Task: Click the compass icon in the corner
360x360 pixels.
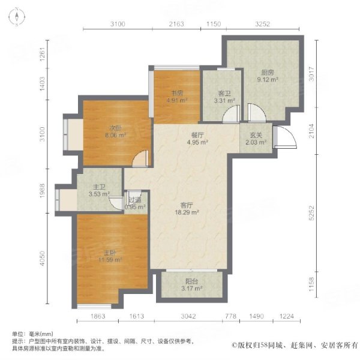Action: tap(17, 17)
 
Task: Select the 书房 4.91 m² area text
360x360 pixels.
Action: tap(177, 97)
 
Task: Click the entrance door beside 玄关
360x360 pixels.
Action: tap(285, 137)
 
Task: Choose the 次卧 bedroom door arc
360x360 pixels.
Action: tap(140, 158)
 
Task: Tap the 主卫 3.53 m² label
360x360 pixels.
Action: tap(99, 191)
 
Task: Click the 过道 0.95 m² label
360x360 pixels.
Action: tap(135, 203)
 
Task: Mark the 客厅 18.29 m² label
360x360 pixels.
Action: tap(187, 209)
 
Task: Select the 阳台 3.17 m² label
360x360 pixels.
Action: tap(192, 285)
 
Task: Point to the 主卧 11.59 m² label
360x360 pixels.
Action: tap(110, 256)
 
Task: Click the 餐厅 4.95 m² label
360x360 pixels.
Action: tap(197, 139)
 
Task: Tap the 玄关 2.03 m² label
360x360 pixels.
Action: tap(256, 139)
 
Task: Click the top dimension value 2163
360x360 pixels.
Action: tap(176, 24)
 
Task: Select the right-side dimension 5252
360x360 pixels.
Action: tap(311, 212)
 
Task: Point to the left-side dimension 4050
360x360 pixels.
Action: tap(43, 259)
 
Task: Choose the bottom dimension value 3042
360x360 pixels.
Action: tap(188, 316)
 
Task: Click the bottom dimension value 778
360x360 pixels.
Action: tap(231, 316)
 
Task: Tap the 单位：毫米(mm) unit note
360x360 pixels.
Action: tap(32, 334)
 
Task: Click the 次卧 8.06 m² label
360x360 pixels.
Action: tap(116, 132)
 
